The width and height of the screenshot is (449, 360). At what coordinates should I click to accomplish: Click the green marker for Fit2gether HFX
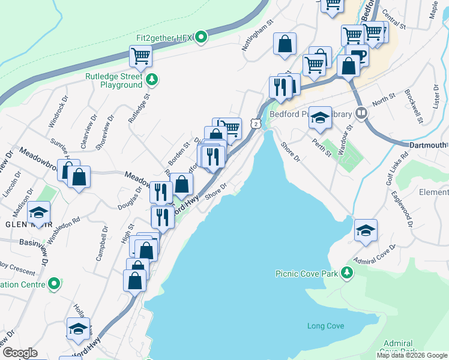(x=202, y=38)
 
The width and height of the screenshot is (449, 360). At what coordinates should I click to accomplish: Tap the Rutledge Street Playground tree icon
(x=152, y=79)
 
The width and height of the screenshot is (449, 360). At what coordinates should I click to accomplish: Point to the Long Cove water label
(x=325, y=326)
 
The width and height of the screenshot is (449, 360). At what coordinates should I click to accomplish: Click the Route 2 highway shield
(x=256, y=124)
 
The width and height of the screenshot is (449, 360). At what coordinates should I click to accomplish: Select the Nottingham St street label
(x=259, y=30)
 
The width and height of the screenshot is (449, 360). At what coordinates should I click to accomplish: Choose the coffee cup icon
(x=358, y=55)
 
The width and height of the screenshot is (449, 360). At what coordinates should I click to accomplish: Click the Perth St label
(x=322, y=146)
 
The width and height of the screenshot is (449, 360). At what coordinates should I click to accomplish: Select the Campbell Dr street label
(x=101, y=244)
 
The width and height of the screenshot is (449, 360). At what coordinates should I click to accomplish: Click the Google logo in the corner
(x=20, y=353)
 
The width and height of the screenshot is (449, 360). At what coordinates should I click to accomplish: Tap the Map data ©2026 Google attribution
(x=412, y=355)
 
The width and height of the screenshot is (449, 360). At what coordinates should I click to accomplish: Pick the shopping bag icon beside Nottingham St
(x=285, y=44)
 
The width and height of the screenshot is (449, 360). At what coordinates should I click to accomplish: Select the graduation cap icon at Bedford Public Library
(x=320, y=118)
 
